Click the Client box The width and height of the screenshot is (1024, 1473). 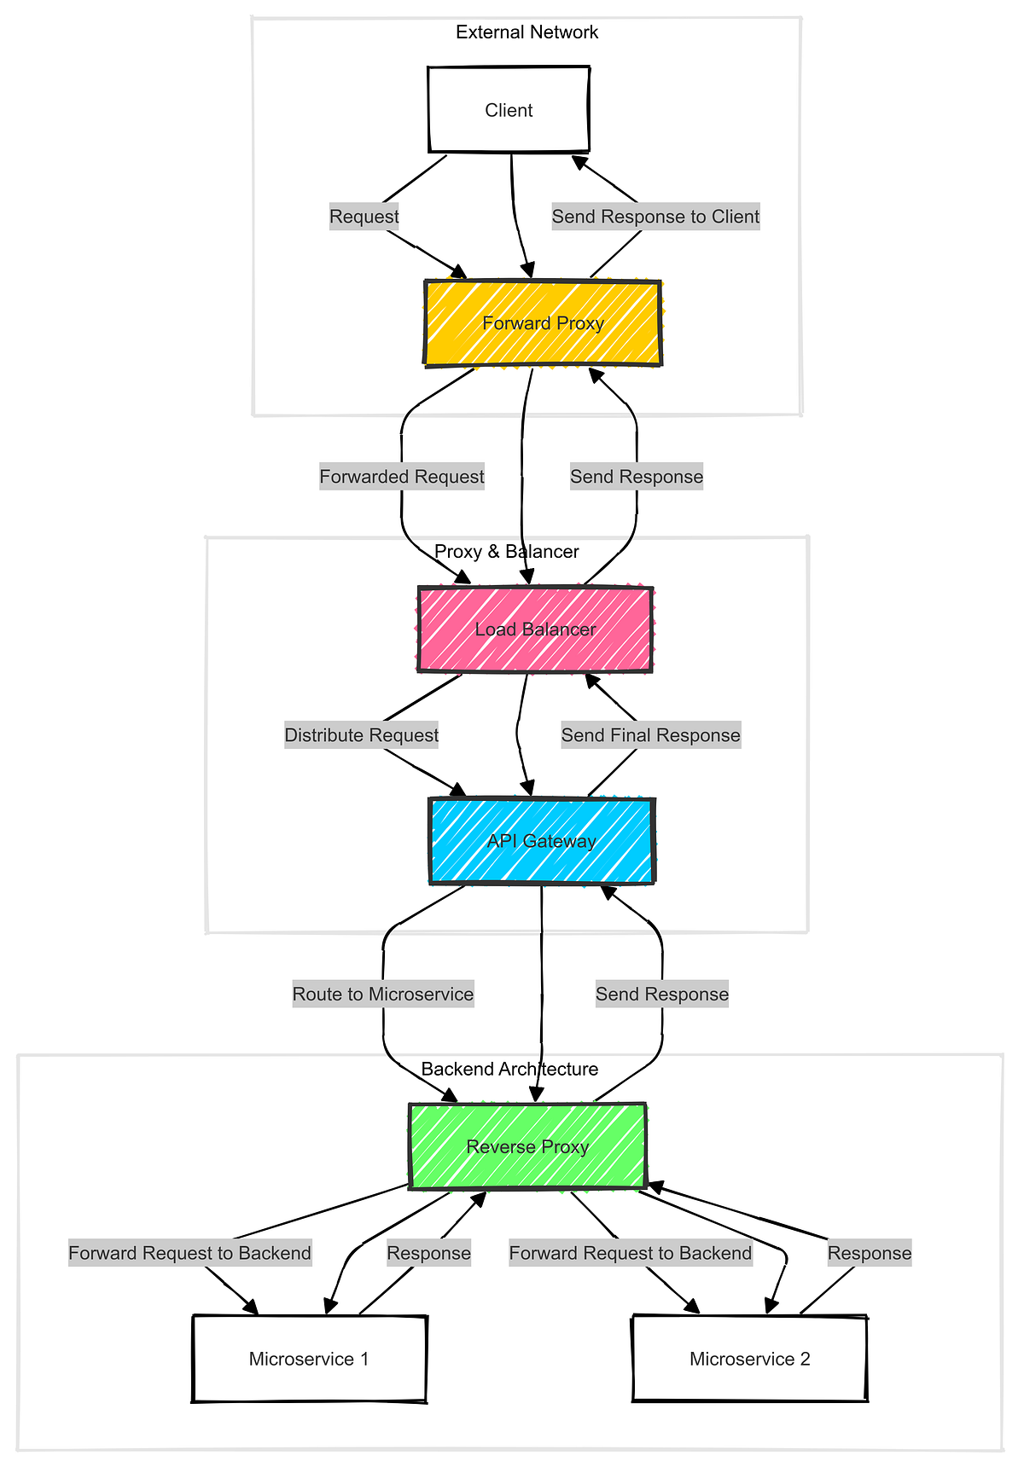coord(509,110)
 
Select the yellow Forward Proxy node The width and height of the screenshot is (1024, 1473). coord(543,323)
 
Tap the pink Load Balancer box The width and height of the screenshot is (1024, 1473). coord(535,629)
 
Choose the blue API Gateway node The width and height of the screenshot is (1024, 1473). coord(541,841)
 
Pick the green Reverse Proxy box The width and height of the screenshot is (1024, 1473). coord(527,1146)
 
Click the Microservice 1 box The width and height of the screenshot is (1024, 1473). coord(309,1359)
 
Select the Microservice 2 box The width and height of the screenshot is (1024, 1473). coord(749,1359)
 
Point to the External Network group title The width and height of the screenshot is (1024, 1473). coord(527,32)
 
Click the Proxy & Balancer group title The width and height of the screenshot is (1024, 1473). coord(506,552)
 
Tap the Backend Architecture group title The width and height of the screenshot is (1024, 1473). coord(509,1070)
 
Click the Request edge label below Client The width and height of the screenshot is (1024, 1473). coord(364,217)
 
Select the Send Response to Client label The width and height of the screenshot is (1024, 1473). coord(655,217)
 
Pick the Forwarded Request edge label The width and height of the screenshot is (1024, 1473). coord(402,477)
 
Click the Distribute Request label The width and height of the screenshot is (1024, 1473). coord(361,735)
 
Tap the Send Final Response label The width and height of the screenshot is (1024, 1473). coord(650,735)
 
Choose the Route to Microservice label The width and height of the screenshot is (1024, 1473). coord(382,995)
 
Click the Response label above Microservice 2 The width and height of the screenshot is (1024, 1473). coord(870,1254)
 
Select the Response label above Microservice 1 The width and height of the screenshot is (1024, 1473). coord(428,1254)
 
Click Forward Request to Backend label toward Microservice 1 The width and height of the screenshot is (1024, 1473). coord(189,1254)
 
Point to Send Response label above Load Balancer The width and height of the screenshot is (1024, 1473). coord(637,477)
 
